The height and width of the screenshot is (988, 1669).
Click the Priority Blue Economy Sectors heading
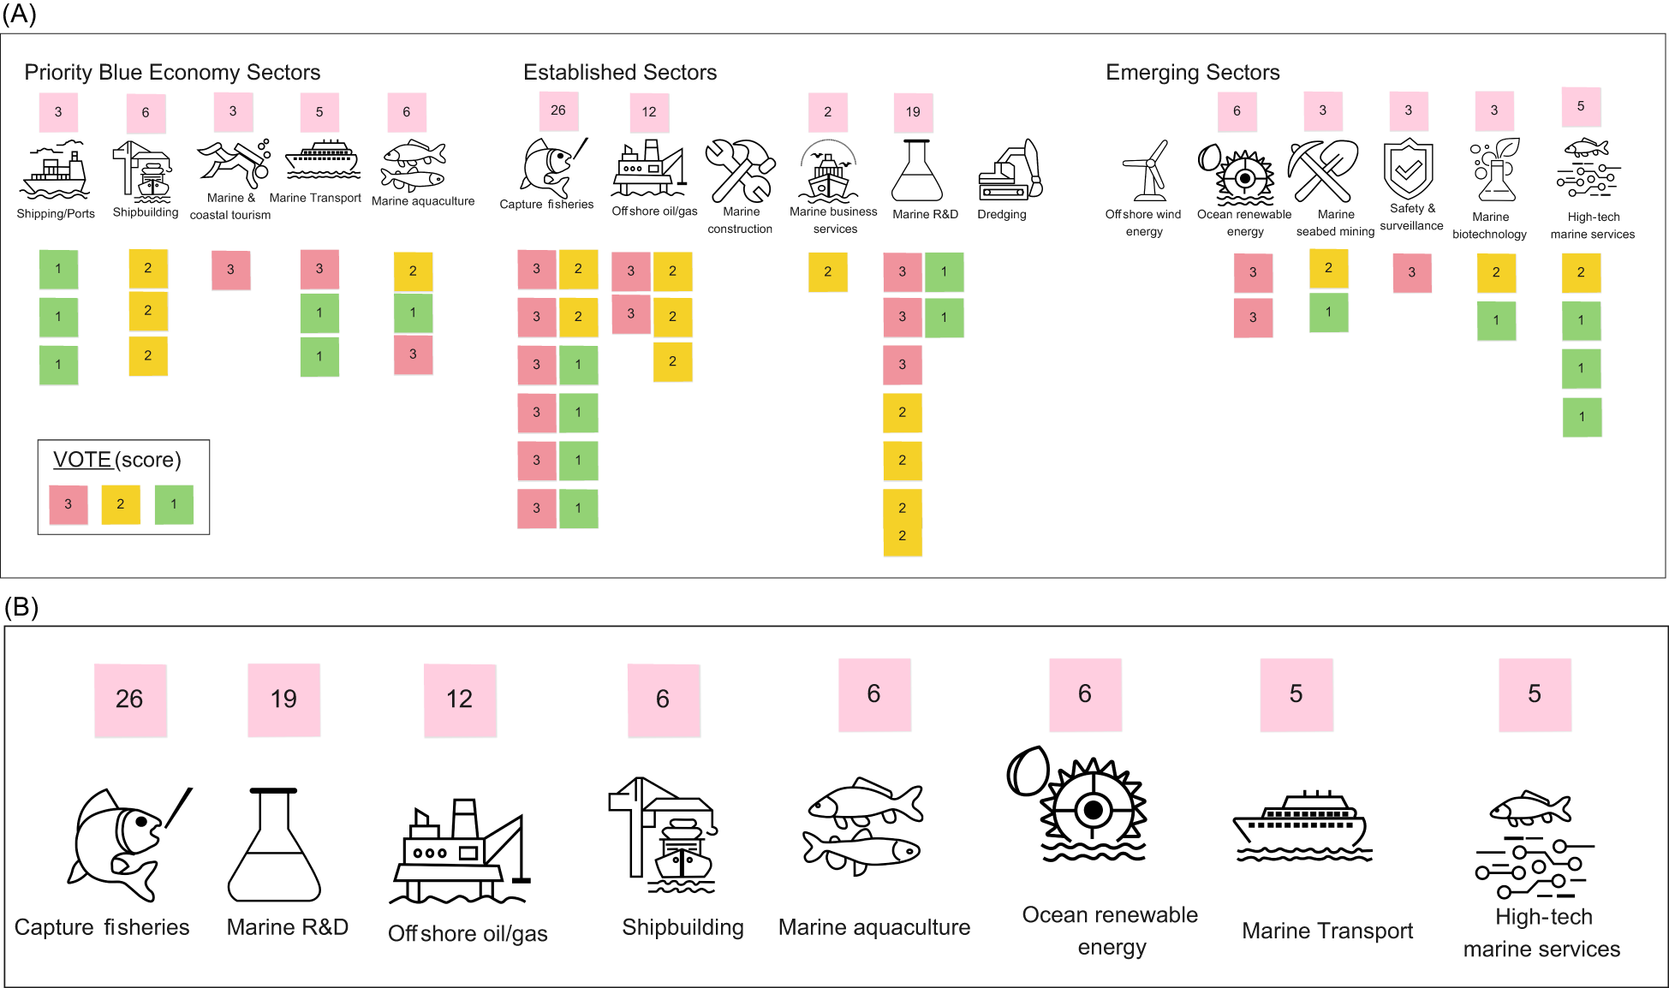(x=172, y=73)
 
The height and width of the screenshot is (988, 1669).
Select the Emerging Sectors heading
(x=1192, y=73)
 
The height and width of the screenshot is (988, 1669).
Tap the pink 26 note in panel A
(x=558, y=110)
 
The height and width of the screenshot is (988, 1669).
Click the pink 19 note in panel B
(x=283, y=699)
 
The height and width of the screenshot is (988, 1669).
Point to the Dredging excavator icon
(x=1010, y=171)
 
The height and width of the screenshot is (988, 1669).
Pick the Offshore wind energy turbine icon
(x=1145, y=170)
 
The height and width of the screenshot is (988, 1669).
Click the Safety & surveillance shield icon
(x=1408, y=169)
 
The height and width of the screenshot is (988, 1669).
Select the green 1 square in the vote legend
(x=174, y=504)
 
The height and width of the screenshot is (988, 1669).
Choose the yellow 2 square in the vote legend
(x=121, y=504)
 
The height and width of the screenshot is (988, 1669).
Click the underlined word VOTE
(x=82, y=460)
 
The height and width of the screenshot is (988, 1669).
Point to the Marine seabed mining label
(x=1335, y=223)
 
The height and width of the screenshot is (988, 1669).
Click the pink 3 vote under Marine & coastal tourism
(x=230, y=270)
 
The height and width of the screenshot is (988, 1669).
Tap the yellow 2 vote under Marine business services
(x=827, y=272)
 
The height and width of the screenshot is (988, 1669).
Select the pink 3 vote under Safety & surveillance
(x=1411, y=273)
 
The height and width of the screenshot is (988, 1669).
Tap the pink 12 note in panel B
(x=460, y=699)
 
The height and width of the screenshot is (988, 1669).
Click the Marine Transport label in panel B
(x=1326, y=931)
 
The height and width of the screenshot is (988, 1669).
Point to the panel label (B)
(x=21, y=607)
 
